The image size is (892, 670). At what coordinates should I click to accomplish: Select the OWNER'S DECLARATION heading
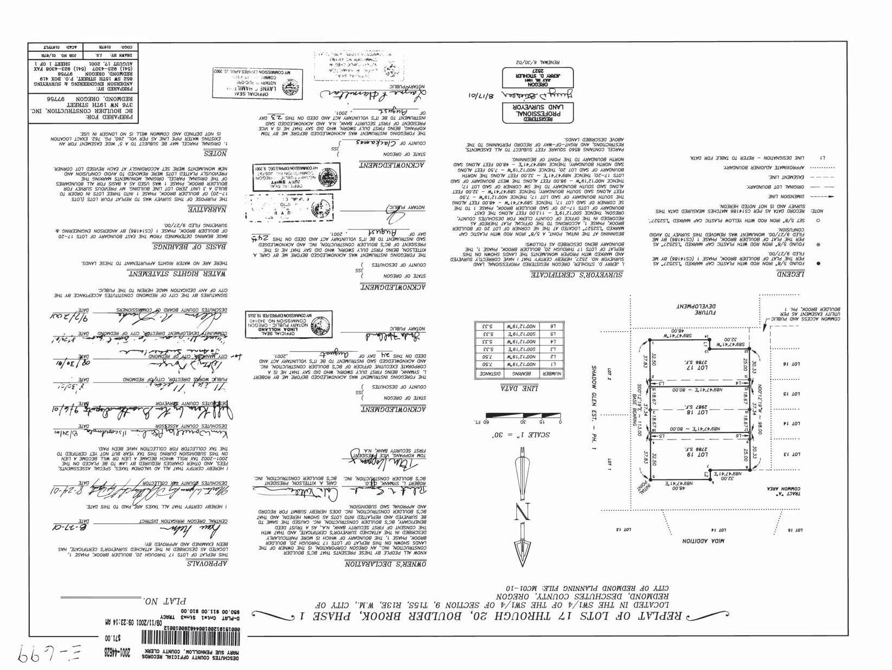(x=385, y=564)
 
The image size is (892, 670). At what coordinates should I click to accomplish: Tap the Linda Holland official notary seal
(x=281, y=324)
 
